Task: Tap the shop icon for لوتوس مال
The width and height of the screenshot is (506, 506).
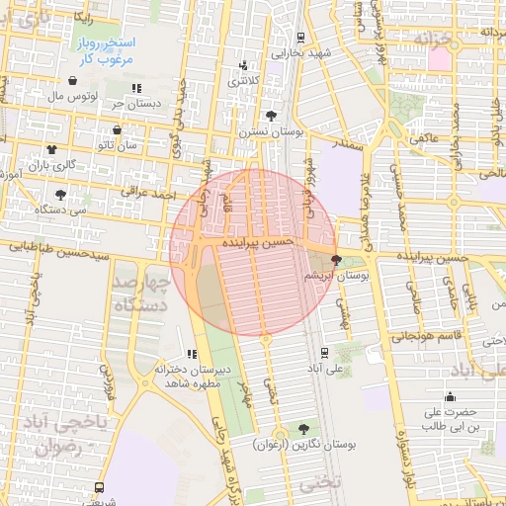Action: (73, 81)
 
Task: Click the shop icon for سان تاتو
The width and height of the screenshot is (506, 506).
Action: (118, 128)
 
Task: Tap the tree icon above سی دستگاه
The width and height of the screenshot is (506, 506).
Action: (61, 194)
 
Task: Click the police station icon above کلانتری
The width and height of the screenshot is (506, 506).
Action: (244, 66)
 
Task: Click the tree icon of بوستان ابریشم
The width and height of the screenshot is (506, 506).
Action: (337, 261)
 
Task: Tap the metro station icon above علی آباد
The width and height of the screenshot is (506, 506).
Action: (325, 351)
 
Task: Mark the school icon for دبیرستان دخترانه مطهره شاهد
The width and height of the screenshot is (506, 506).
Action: (191, 354)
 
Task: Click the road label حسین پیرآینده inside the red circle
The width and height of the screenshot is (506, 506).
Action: (258, 241)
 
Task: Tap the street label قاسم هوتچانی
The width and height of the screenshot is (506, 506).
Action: (409, 336)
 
